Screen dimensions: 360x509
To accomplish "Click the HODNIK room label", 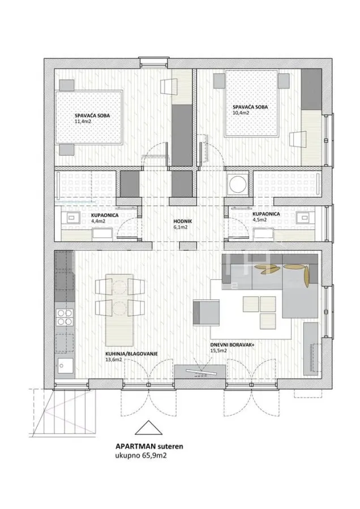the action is (183, 221).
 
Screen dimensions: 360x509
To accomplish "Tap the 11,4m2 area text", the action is (83, 122).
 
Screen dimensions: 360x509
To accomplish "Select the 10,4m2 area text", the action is (241, 113).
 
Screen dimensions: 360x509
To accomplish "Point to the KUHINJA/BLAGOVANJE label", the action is (131, 354).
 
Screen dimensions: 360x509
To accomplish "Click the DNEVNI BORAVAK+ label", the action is (232, 346).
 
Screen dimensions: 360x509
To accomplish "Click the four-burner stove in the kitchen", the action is (64, 317).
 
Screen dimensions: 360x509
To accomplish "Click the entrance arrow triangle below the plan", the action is (148, 428).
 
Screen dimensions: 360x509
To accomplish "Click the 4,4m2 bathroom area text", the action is (98, 221).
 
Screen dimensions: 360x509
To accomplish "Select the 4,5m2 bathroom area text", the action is (260, 219).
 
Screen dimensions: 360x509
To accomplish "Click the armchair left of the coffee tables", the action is (205, 312).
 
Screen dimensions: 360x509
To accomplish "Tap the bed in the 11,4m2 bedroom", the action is (89, 117).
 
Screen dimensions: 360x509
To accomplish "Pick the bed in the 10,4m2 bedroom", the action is (252, 103).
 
